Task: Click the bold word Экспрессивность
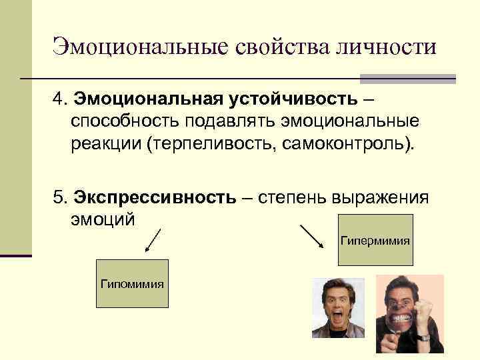[x=155, y=198]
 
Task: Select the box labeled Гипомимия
[x=132, y=283]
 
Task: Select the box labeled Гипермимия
[x=375, y=239]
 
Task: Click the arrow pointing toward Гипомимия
[x=153, y=241]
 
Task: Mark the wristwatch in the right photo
[x=424, y=337]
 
